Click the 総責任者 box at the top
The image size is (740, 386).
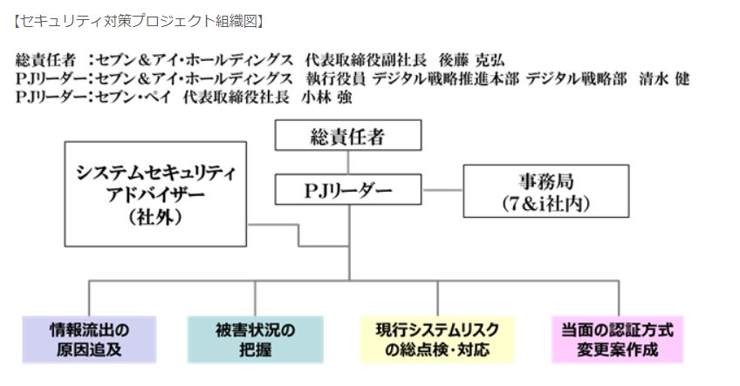(x=348, y=136)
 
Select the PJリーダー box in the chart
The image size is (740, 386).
(x=348, y=189)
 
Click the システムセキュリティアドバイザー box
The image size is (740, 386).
(x=155, y=193)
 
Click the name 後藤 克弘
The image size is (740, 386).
(x=472, y=60)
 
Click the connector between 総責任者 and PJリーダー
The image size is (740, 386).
(x=348, y=162)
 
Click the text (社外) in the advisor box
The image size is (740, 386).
(x=154, y=217)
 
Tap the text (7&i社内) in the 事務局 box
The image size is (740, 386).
(x=545, y=204)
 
